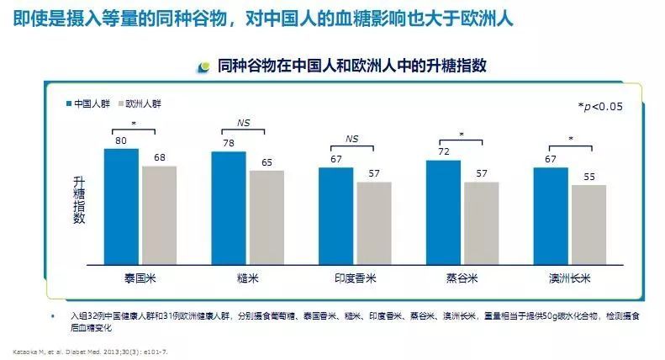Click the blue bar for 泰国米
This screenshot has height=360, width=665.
(x=121, y=207)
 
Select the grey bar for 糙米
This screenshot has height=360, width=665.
(x=267, y=218)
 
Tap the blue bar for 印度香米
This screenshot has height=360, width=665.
(x=335, y=216)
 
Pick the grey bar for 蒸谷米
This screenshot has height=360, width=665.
(x=481, y=223)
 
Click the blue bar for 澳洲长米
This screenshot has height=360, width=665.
(x=551, y=216)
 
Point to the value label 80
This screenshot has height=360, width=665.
(x=121, y=141)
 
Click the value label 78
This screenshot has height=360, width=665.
(x=228, y=144)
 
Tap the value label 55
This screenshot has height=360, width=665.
(x=588, y=177)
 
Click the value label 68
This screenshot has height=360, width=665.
(x=159, y=158)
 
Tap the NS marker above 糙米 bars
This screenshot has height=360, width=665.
(x=243, y=123)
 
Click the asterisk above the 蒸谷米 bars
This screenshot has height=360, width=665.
(x=462, y=133)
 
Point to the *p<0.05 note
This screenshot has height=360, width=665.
(x=599, y=106)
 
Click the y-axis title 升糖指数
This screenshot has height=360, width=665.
(x=79, y=199)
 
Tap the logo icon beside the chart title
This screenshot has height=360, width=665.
(x=203, y=66)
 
